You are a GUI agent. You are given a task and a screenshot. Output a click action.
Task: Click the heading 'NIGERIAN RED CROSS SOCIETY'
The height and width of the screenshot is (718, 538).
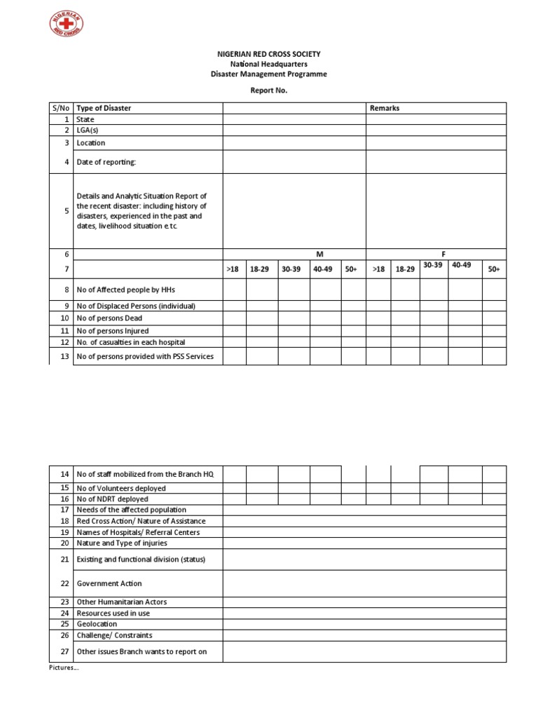(x=269, y=54)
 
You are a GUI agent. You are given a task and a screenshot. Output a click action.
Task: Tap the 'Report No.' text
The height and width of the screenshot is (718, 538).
(x=269, y=90)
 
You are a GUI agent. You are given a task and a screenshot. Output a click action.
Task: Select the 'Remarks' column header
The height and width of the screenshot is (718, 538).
(x=385, y=108)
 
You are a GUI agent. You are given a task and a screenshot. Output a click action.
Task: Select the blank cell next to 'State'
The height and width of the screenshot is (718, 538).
(x=294, y=120)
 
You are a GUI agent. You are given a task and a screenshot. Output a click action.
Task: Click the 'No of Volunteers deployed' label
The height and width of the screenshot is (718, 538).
(x=121, y=488)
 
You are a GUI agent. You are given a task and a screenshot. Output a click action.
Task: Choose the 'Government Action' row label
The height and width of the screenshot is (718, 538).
(x=109, y=583)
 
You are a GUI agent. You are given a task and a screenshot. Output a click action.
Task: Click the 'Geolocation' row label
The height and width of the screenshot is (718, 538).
(x=97, y=624)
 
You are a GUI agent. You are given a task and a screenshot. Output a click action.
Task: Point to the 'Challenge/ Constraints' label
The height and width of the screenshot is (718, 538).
(x=114, y=635)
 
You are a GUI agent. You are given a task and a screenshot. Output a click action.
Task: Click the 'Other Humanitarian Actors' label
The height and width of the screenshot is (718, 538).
(x=122, y=602)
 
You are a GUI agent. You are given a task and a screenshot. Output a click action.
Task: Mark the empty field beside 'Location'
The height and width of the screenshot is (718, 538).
(x=294, y=143)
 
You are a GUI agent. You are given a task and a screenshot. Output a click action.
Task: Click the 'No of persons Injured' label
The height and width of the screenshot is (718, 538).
(x=113, y=330)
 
